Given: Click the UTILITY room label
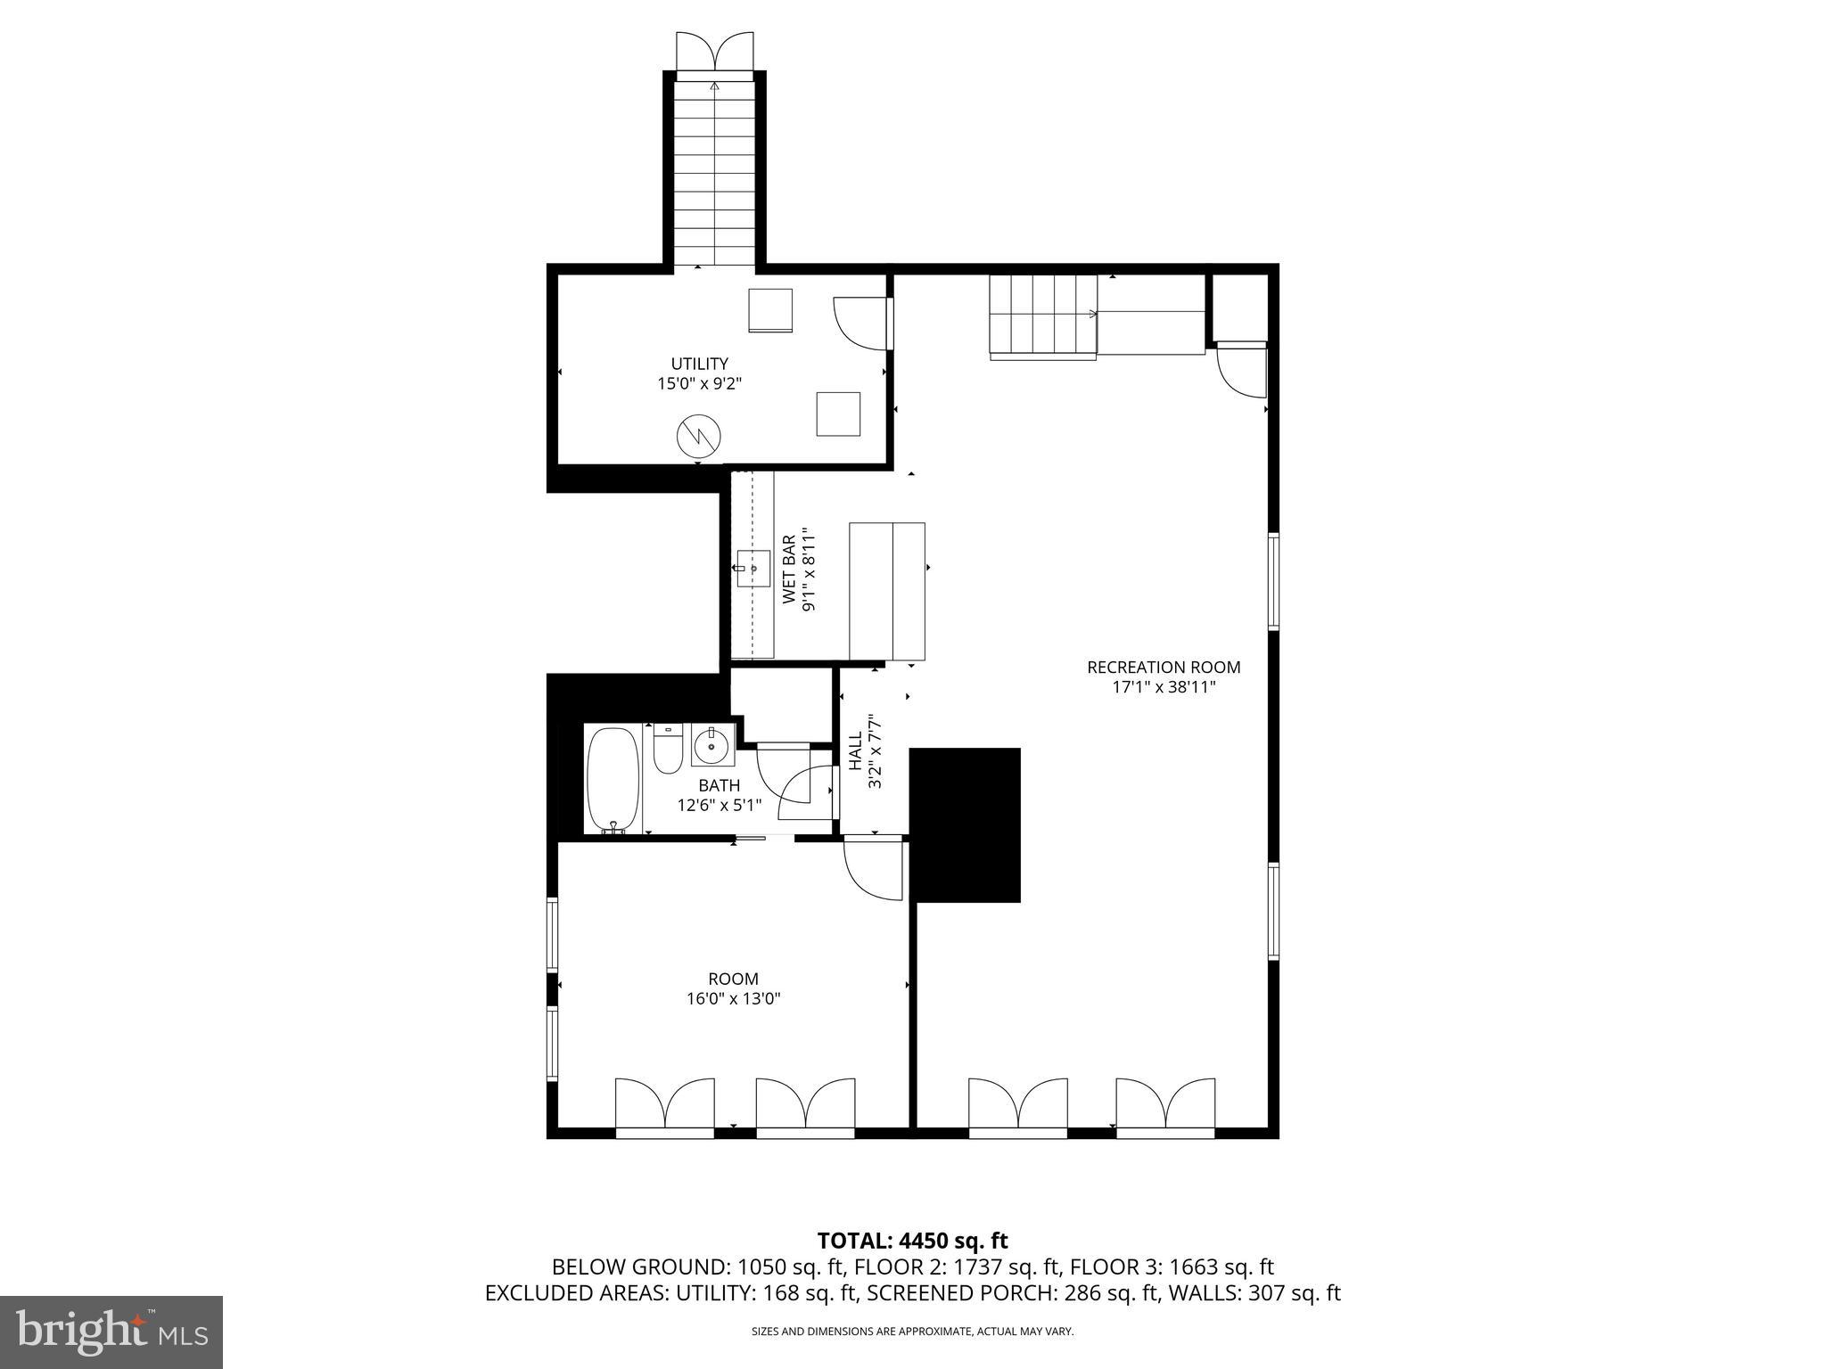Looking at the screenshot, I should (699, 364).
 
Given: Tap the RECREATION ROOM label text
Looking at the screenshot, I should (1163, 667).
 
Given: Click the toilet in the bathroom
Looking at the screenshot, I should (668, 750).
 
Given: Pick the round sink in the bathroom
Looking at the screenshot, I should (711, 746).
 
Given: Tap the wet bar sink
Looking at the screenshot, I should (753, 569).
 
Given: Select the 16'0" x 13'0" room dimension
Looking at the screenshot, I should (733, 999).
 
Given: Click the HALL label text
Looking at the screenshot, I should (856, 750).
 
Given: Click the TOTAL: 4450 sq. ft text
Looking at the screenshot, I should (912, 1241).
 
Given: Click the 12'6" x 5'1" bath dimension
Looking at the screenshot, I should (719, 805).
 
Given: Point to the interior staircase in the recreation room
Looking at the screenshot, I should (1043, 316).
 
